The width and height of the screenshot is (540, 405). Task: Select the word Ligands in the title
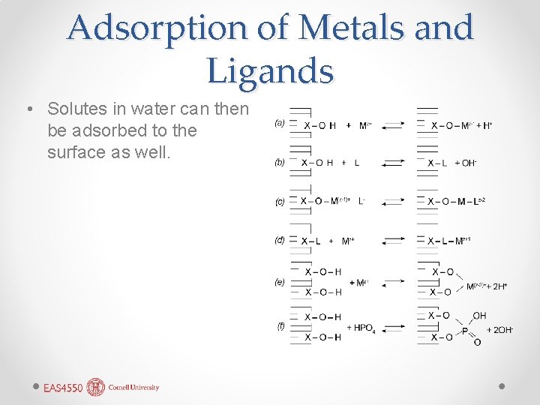click(x=270, y=70)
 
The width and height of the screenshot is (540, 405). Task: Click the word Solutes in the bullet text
click(x=79, y=109)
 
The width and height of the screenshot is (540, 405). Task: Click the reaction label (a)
click(x=280, y=122)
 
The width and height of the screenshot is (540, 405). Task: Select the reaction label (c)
click(x=280, y=201)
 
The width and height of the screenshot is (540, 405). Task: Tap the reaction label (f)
click(x=280, y=325)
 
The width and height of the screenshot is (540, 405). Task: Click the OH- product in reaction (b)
click(x=465, y=163)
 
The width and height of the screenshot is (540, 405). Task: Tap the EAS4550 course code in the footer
click(x=62, y=388)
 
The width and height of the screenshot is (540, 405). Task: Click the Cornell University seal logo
click(x=96, y=387)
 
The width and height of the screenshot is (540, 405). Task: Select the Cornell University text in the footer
click(x=133, y=388)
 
